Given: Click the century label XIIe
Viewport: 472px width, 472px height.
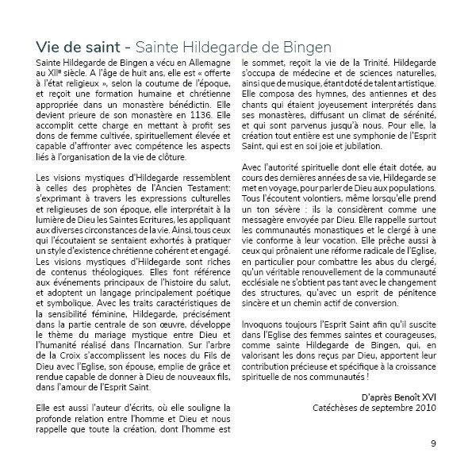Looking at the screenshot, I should click(x=55, y=71).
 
